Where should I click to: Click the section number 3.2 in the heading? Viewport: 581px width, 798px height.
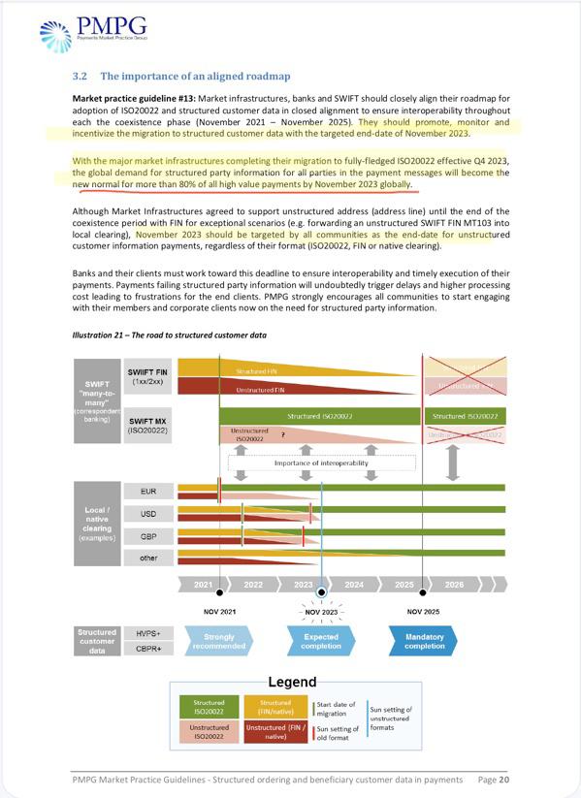pos(81,76)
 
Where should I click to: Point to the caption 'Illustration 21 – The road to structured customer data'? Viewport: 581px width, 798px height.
pos(170,335)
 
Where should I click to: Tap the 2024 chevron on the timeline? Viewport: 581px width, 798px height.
pos(354,585)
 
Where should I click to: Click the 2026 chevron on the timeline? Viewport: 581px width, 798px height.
pos(454,585)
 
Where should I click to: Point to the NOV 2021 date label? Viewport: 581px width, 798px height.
pos(221,612)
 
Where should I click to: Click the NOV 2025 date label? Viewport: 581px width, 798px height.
pos(424,612)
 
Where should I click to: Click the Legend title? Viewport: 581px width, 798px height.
pos(291,682)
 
